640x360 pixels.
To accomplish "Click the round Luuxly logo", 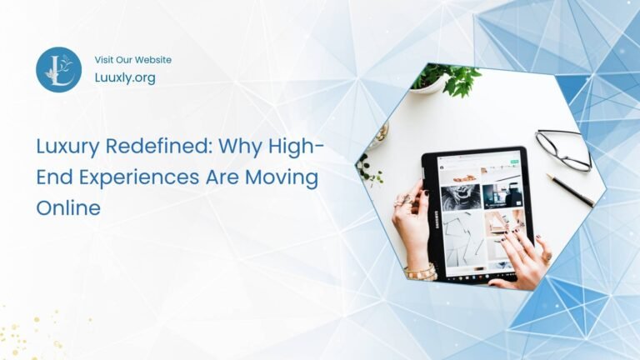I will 58,69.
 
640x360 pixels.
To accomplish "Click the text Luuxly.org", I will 125,77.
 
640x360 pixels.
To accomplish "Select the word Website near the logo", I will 152,60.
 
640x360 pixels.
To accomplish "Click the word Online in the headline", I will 67,207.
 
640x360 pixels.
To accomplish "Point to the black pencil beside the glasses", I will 570,190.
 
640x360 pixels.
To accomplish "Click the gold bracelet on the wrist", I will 421,272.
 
